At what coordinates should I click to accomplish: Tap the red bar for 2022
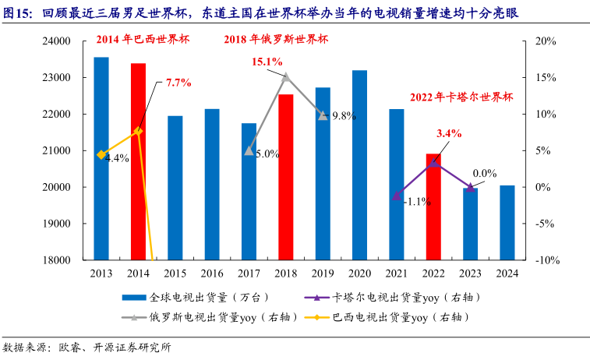pos(433,206)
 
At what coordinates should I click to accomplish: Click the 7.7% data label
pos(178,82)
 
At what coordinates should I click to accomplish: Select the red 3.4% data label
pos(449,133)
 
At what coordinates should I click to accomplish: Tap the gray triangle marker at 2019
pos(323,115)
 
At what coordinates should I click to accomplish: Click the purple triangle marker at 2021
pos(397,196)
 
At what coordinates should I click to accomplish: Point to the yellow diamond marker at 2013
pos(101,155)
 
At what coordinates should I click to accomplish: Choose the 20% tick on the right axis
pos(545,41)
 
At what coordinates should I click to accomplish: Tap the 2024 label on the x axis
pos(507,273)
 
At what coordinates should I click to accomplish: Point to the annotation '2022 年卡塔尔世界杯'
pos(462,97)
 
